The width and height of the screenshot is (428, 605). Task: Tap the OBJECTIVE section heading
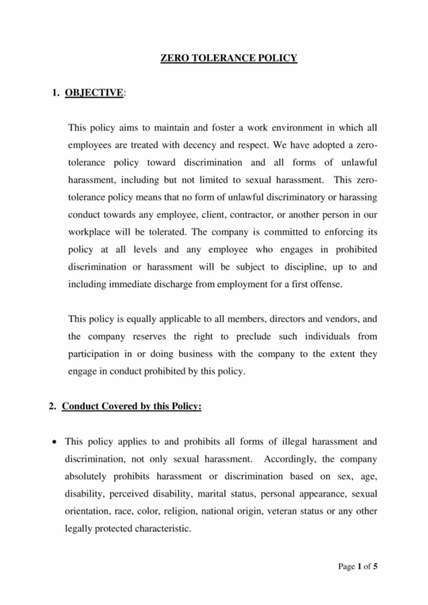[x=94, y=92]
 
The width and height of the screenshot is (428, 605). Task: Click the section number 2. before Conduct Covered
[x=52, y=406]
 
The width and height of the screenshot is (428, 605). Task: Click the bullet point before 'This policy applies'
[x=54, y=442]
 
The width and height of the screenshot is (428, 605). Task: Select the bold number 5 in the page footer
[x=375, y=566]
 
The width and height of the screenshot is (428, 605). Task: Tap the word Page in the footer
[x=347, y=566]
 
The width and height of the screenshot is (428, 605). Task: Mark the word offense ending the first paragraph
[x=326, y=284]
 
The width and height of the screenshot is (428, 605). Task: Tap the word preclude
[x=253, y=337]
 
